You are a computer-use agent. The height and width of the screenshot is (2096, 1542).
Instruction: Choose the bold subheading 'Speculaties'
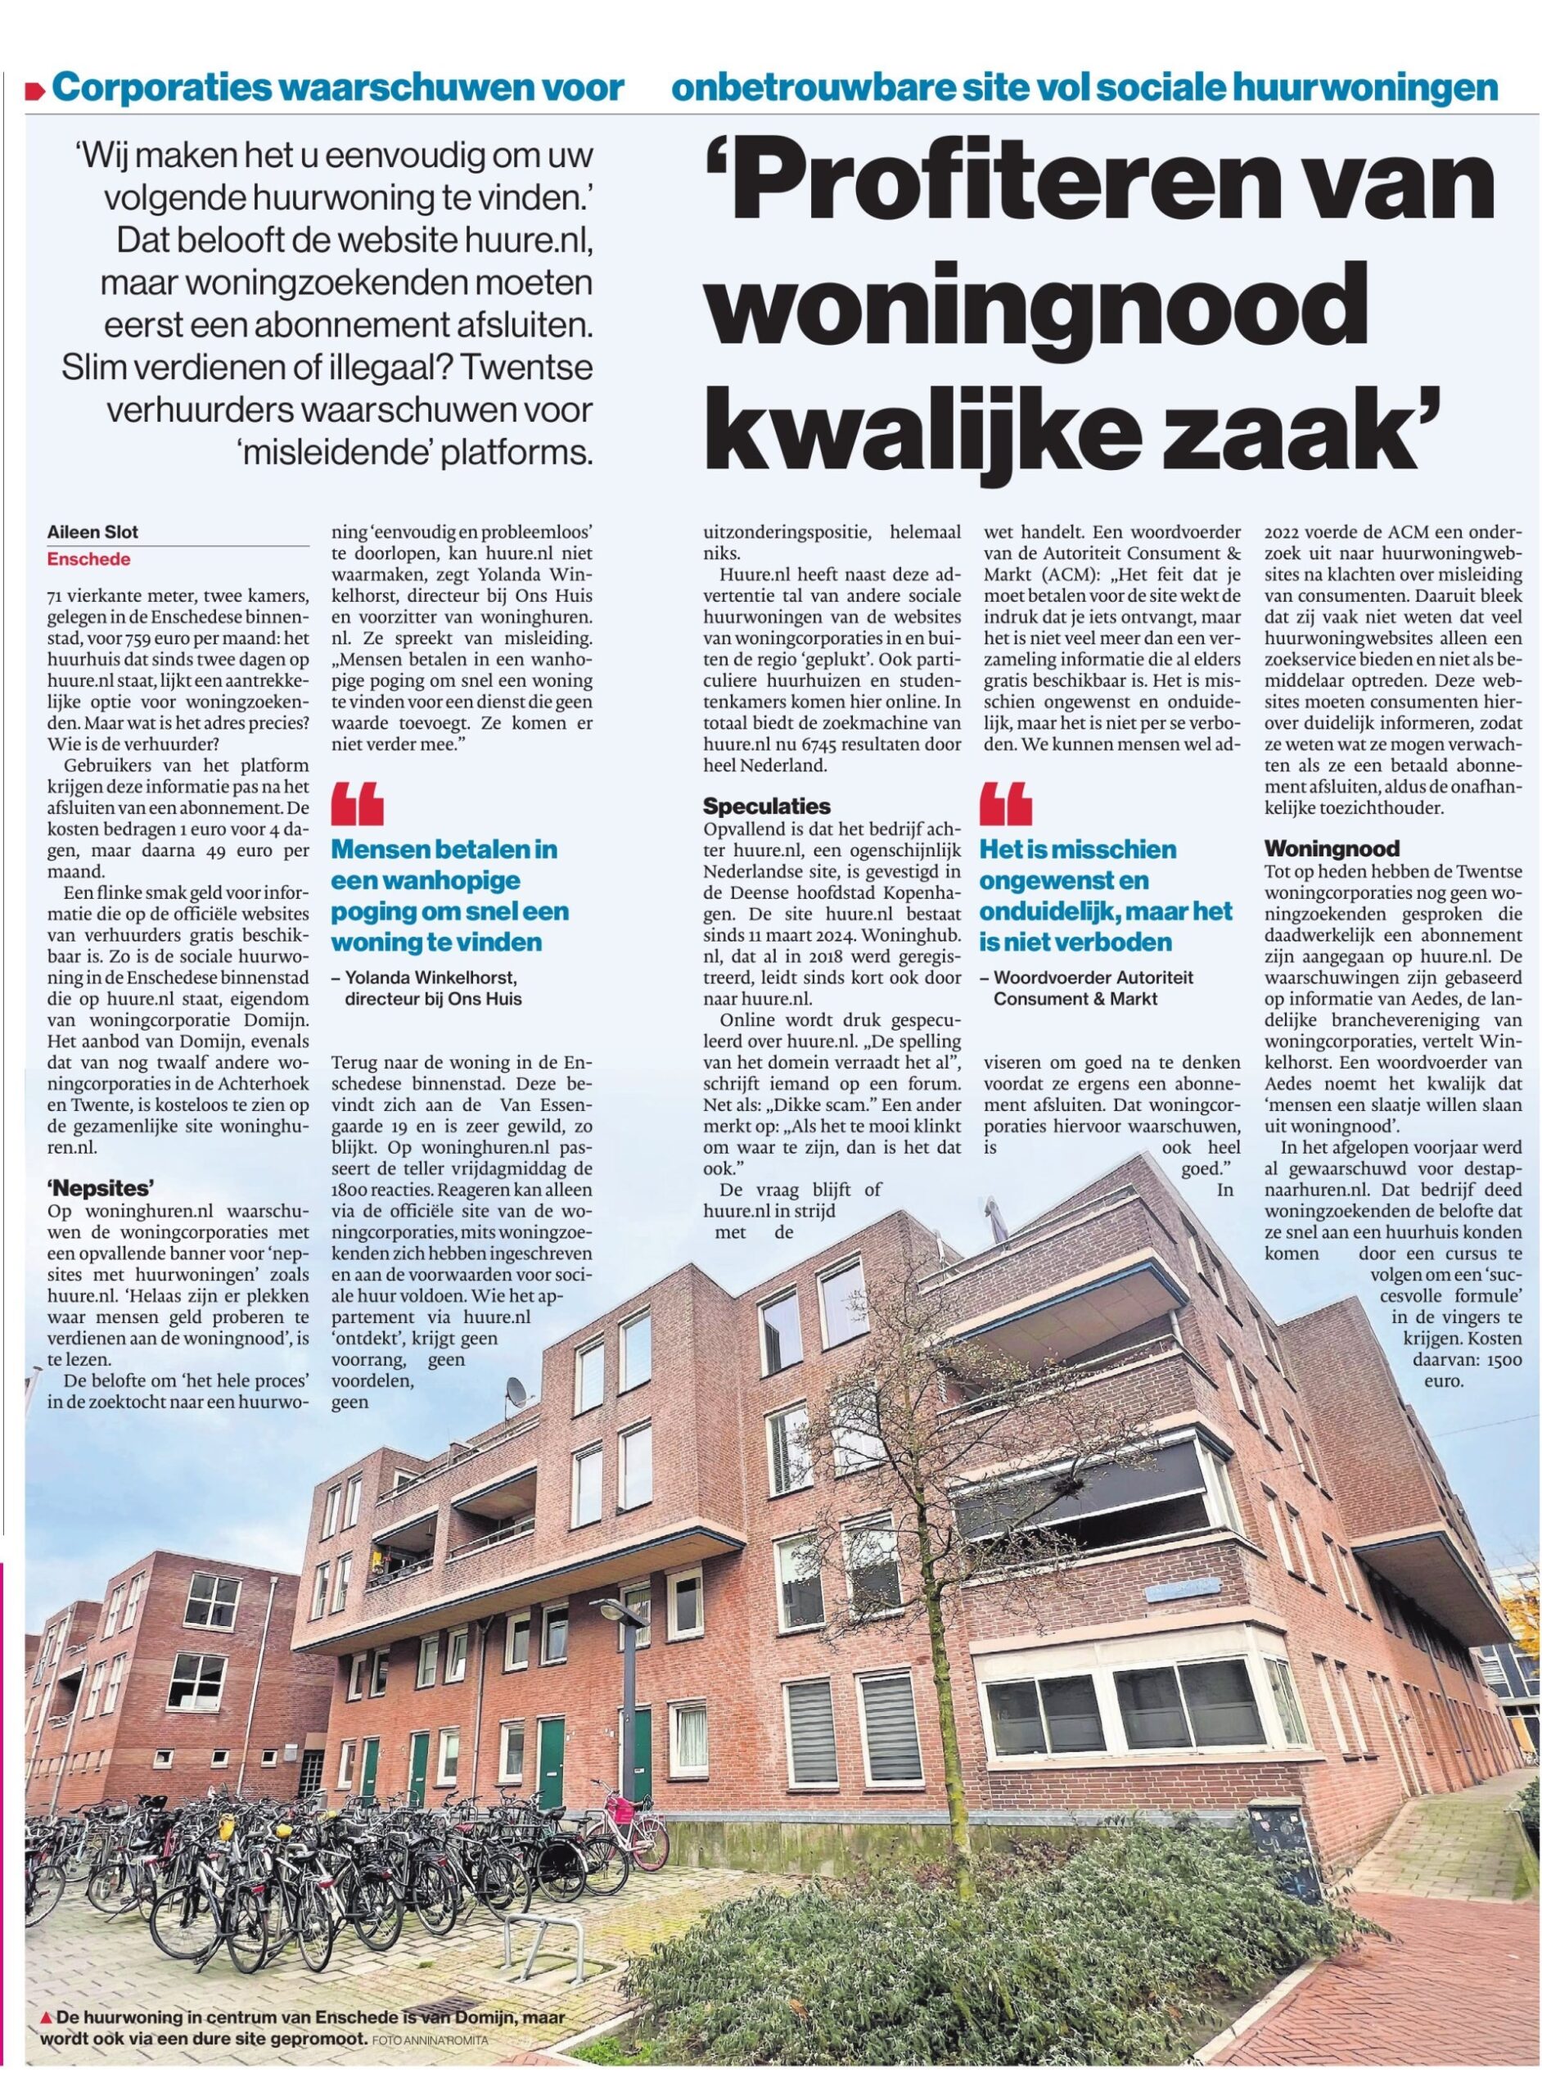(766, 806)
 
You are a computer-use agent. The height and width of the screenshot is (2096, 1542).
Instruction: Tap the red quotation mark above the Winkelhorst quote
(358, 806)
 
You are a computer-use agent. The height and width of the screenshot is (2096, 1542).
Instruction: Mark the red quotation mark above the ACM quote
(1005, 806)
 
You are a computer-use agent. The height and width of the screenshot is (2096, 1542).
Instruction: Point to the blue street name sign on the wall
(1184, 1585)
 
